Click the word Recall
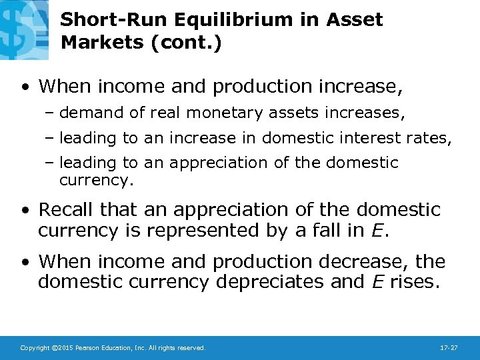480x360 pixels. click(x=67, y=210)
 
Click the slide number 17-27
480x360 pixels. click(x=448, y=348)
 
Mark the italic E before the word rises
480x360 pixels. click(x=377, y=283)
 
